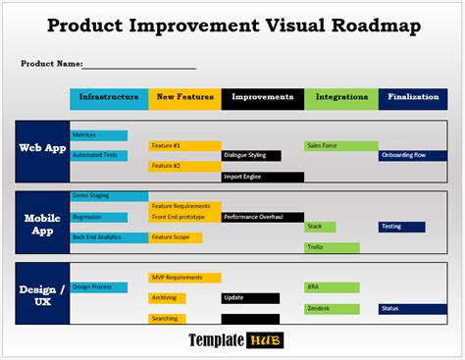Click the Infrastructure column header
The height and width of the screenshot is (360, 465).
click(x=109, y=98)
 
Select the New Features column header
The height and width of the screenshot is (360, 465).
click(x=184, y=98)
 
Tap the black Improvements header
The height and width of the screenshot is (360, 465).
click(x=262, y=98)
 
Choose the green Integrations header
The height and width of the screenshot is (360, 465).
click(x=340, y=98)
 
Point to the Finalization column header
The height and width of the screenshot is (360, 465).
click(x=413, y=98)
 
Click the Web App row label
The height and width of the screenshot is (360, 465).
click(x=42, y=149)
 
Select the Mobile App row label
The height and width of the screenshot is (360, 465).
click(x=42, y=226)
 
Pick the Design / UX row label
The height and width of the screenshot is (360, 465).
click(x=42, y=295)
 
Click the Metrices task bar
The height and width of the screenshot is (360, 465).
click(x=99, y=135)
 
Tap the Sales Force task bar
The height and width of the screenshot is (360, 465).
click(x=340, y=145)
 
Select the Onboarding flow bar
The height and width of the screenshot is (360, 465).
click(x=413, y=155)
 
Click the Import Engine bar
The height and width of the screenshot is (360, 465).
click(x=262, y=177)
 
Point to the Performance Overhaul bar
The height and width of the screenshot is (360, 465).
click(x=262, y=217)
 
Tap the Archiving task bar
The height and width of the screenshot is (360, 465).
click(x=167, y=298)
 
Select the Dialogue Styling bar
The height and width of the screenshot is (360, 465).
click(x=251, y=155)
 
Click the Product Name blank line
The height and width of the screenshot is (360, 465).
click(x=138, y=66)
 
